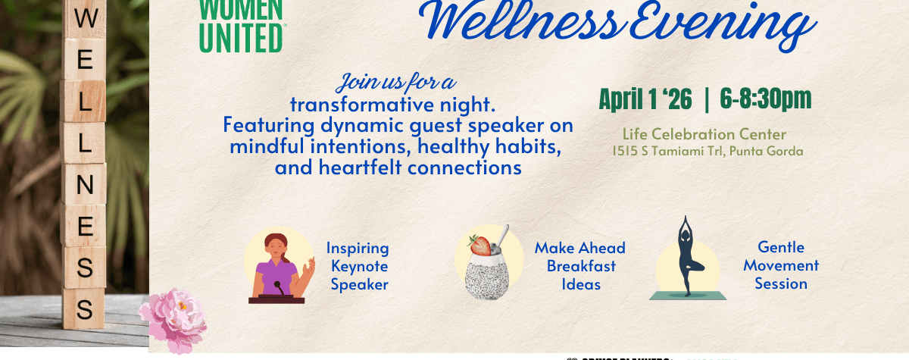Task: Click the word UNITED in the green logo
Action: [x=242, y=38]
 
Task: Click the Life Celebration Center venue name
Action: [x=704, y=135]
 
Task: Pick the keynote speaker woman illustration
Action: [x=277, y=265]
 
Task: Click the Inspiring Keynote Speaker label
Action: [x=358, y=266]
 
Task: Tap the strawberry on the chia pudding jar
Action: [x=478, y=245]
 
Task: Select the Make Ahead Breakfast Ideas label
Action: [x=580, y=266]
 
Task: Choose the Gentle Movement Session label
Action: [x=781, y=266]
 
